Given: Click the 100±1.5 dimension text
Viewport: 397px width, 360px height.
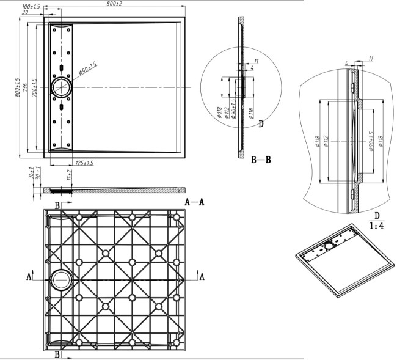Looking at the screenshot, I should click(31, 6).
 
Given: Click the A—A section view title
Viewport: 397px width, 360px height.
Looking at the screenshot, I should click(194, 202).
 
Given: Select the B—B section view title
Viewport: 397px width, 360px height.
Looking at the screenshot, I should click(261, 160).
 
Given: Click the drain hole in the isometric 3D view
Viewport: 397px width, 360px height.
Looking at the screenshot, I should click(329, 245).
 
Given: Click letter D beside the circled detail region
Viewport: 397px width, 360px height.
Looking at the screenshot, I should click(261, 125).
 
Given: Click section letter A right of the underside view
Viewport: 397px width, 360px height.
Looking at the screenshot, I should click(202, 277).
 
